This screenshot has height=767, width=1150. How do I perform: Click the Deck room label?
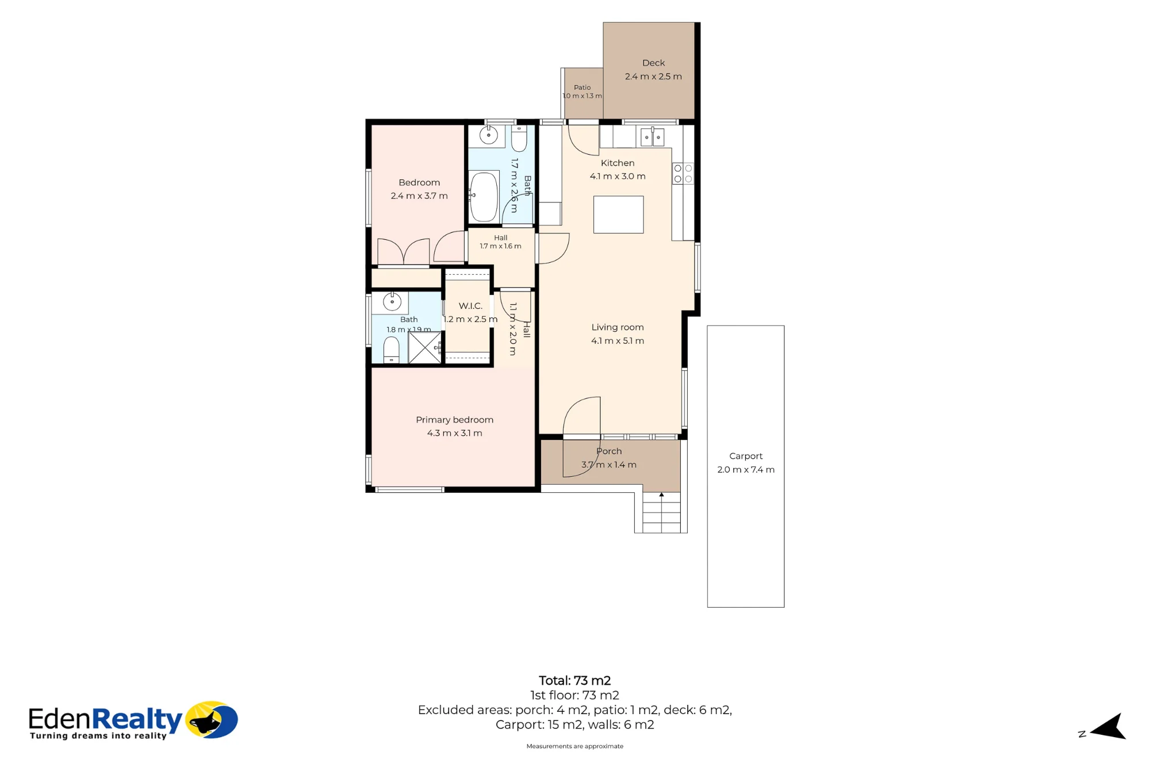click(653, 63)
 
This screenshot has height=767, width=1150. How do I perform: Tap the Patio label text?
click(582, 87)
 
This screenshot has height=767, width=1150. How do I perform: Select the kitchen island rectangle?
click(618, 214)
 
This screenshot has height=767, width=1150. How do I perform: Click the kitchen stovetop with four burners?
click(683, 174)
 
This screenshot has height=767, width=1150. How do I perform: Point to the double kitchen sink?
click(652, 137)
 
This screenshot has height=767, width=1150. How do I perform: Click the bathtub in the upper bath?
click(484, 197)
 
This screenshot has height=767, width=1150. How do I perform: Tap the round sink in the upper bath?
click(489, 136)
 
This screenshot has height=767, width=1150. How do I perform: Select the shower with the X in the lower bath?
click(424, 347)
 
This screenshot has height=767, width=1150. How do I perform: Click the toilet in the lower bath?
click(391, 350)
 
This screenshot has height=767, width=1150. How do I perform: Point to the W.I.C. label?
click(470, 306)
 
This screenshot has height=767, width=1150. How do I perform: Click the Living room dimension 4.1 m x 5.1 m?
click(618, 341)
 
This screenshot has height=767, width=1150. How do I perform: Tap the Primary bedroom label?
click(454, 420)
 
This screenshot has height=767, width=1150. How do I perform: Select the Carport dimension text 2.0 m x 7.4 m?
click(746, 470)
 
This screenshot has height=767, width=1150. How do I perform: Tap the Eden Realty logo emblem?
click(212, 719)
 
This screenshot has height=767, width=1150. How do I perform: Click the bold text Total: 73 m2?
click(574, 681)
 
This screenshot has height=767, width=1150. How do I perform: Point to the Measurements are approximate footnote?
click(574, 746)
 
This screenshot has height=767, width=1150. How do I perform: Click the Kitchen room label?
click(618, 163)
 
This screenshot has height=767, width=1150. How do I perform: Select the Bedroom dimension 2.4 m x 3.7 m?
click(419, 196)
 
